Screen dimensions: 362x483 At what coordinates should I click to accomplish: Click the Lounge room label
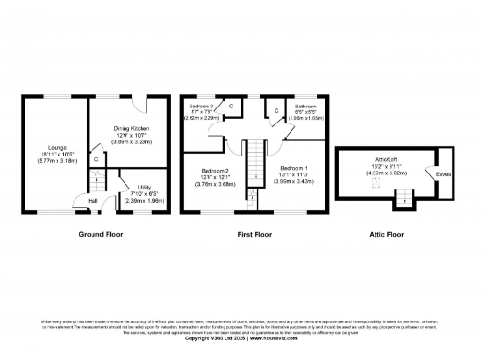tap(51, 147)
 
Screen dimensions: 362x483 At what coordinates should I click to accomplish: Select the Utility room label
tap(144, 189)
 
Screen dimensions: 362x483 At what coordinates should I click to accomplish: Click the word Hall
tap(92, 201)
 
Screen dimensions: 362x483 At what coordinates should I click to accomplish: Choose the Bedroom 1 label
tap(296, 167)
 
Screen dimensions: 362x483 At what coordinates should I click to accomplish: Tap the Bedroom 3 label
tap(201, 107)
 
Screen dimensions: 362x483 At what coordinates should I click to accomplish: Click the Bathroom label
tap(305, 107)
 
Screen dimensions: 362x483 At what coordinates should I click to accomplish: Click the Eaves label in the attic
tap(442, 173)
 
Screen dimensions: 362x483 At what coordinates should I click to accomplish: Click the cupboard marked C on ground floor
tap(95, 160)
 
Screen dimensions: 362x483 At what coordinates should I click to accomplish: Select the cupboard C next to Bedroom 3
tap(230, 107)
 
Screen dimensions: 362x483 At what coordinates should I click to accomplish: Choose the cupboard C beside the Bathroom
tap(276, 111)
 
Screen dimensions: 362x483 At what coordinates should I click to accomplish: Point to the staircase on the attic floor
tap(403, 197)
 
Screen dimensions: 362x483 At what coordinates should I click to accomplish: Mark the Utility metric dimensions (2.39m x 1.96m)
tap(144, 201)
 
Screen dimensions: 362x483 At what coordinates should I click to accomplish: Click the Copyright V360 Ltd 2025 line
tap(241, 337)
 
